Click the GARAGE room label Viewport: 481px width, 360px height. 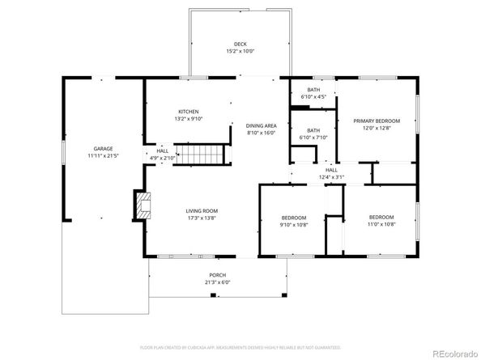click(x=103, y=149)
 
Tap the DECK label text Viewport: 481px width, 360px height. click(x=240, y=44)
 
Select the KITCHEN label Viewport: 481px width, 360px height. click(x=189, y=112)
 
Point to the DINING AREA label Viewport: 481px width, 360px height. click(x=262, y=126)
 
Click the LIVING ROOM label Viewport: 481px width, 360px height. click(x=202, y=211)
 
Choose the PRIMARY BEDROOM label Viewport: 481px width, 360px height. click(x=377, y=121)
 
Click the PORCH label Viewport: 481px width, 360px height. click(x=217, y=276)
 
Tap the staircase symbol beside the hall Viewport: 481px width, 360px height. click(x=199, y=153)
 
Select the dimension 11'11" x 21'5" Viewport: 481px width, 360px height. click(x=103, y=155)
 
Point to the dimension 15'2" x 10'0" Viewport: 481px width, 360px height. click(x=240, y=51)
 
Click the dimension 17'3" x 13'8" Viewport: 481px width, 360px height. click(x=202, y=218)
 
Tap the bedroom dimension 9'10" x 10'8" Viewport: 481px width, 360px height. click(x=294, y=224)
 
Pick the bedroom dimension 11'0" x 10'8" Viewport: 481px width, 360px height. click(x=381, y=224)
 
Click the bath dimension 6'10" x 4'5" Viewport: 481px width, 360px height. click(x=313, y=97)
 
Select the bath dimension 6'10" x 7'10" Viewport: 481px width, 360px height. click(x=313, y=138)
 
